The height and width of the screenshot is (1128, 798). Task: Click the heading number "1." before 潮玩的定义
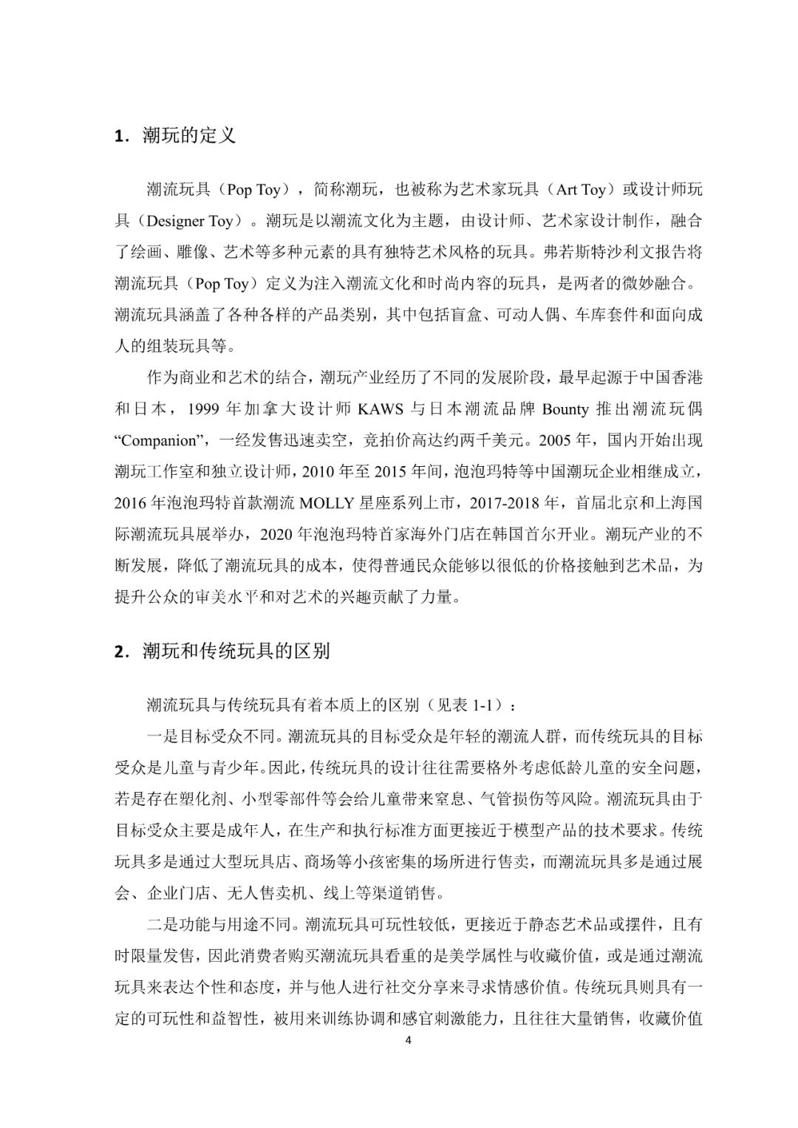(120, 137)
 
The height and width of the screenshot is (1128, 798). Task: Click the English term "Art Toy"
(580, 190)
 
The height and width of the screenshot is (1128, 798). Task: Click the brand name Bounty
(565, 409)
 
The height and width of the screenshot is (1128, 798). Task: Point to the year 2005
(556, 441)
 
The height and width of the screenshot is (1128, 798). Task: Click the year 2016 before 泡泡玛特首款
(132, 503)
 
